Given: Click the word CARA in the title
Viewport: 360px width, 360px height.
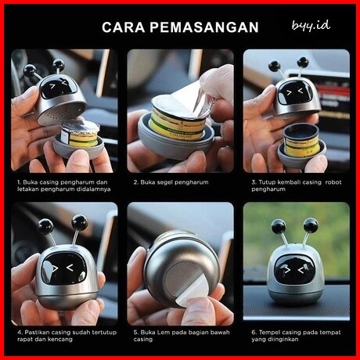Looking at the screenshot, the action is point(123,27).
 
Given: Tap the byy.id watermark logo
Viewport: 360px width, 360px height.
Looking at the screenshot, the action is point(311,26).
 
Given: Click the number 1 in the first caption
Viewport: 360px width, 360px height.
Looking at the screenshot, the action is point(19,182).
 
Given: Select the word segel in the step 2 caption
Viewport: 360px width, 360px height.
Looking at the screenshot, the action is point(162,182).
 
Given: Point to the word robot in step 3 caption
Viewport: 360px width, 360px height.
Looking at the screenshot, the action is point(333,182).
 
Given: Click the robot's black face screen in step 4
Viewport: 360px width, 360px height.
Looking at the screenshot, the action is point(64,268).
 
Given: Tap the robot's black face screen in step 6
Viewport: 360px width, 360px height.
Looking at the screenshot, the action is point(294,270).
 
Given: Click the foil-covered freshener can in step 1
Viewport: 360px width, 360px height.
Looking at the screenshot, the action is point(80,134).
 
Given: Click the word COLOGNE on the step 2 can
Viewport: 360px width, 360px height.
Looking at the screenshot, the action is point(178,135).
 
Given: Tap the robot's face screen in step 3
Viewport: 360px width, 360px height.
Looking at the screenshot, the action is point(295,92).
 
